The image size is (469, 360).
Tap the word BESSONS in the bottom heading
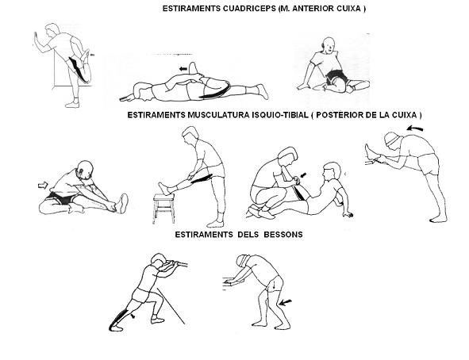point(283,235)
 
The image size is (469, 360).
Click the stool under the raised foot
point(163,209)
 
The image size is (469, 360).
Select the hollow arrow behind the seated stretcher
point(43,186)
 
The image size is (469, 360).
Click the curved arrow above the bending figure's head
point(415,128)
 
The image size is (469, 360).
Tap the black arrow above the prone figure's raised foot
point(183,69)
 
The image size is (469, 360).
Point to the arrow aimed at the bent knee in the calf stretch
point(285,303)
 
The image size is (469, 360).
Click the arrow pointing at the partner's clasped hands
point(303,175)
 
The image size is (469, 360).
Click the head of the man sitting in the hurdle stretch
point(328,45)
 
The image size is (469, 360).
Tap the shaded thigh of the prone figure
point(216,91)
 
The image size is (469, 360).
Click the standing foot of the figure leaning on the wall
point(73,104)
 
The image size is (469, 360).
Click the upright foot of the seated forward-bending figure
point(123,204)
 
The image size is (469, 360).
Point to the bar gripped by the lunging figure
point(175,264)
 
